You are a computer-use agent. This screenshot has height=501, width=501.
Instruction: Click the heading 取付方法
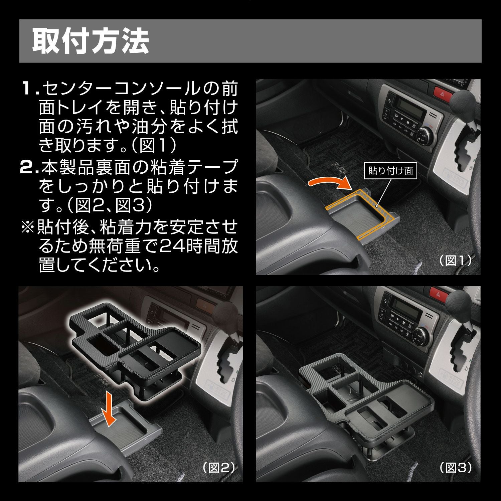(x=90, y=41)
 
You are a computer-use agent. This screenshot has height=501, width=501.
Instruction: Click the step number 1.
(x=29, y=90)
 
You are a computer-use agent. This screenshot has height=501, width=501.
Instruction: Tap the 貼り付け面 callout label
(x=390, y=171)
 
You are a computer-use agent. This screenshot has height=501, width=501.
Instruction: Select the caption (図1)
(x=455, y=260)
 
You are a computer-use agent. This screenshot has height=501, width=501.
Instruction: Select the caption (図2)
(x=219, y=468)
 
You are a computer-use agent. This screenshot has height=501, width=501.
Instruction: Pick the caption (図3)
(x=455, y=468)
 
